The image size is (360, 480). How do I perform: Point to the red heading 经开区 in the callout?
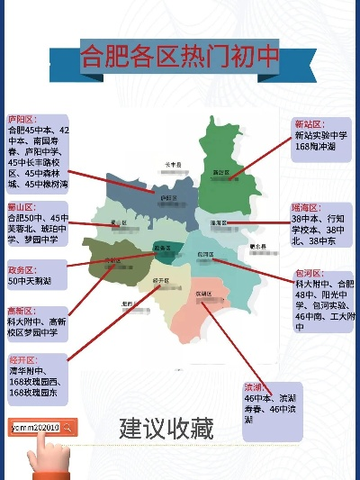click(21, 359)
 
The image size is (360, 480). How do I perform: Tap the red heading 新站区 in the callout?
click(309, 124)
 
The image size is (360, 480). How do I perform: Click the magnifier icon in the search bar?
click(67, 428)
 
